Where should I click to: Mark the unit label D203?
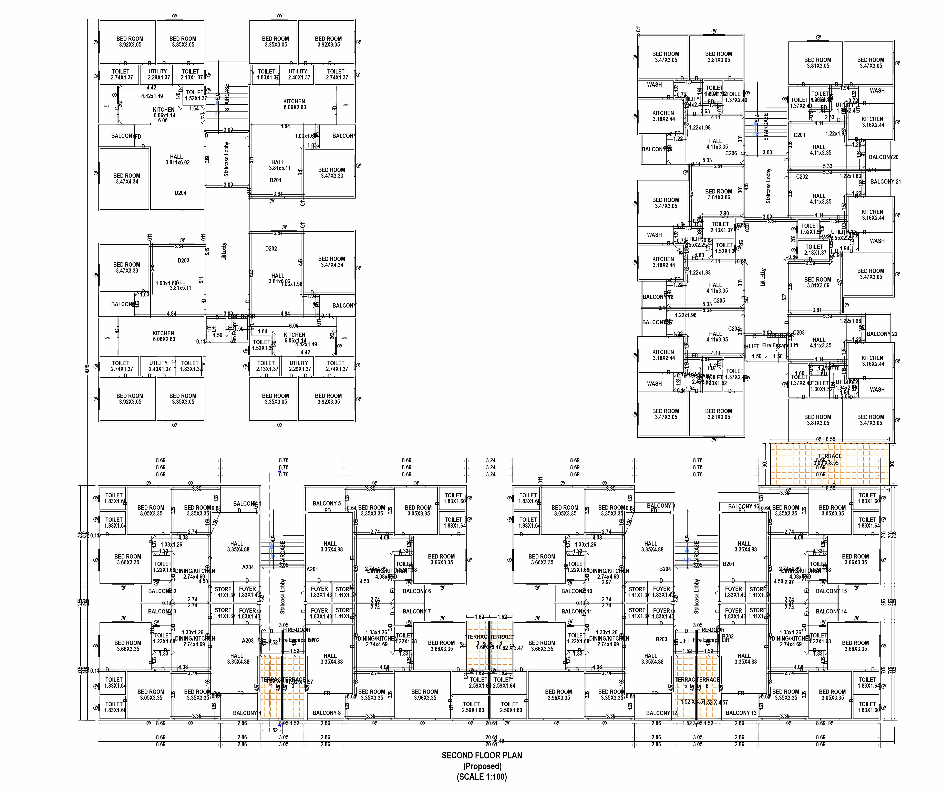[x=183, y=260]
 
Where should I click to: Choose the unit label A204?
[x=248, y=567]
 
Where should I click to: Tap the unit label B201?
[x=729, y=564]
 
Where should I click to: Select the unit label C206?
[x=731, y=154]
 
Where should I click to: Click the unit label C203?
[x=798, y=333]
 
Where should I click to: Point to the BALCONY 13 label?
[x=741, y=713]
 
